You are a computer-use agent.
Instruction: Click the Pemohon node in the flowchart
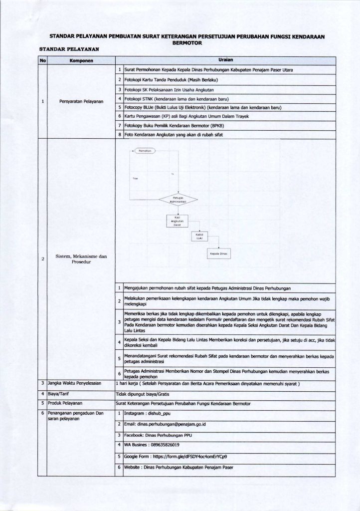(145, 150)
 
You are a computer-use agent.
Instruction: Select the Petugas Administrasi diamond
(178, 200)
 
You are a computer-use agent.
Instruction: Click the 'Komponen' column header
(81, 61)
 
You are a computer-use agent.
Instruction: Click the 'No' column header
(42, 61)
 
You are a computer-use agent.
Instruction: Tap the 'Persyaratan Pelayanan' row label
(81, 102)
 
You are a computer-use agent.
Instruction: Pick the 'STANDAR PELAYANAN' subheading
(70, 49)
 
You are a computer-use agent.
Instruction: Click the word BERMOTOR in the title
(180, 43)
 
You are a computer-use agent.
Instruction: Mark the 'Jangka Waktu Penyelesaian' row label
(74, 383)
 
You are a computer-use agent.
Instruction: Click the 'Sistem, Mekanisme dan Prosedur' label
(81, 259)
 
